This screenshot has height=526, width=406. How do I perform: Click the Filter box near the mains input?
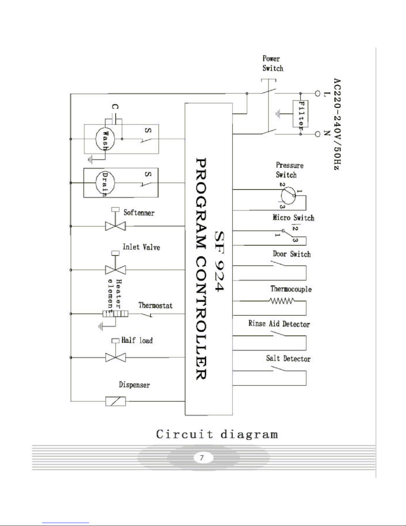[300, 114]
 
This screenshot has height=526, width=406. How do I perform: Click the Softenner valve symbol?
[115, 226]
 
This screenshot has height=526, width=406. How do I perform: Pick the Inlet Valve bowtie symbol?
[115, 270]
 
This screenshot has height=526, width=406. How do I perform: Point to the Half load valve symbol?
[115, 357]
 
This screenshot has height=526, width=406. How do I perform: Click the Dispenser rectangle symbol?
[115, 401]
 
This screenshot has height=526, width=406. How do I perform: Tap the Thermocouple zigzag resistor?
[282, 301]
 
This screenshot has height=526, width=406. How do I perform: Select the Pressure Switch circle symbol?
[287, 195]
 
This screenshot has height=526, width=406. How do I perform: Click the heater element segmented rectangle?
[115, 314]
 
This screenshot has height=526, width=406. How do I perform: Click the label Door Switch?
[292, 254]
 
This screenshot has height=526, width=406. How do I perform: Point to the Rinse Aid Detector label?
[279, 324]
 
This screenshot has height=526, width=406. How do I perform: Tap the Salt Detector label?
[288, 359]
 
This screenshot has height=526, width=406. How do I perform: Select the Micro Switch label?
[293, 218]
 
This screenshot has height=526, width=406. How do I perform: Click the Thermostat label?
[155, 305]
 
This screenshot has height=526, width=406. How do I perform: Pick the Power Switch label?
[273, 63]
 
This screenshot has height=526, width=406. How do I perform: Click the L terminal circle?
[317, 94]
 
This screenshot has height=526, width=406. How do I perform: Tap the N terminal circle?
[317, 134]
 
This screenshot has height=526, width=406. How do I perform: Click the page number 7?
[202, 458]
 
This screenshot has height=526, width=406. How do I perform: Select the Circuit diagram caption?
[217, 434]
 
